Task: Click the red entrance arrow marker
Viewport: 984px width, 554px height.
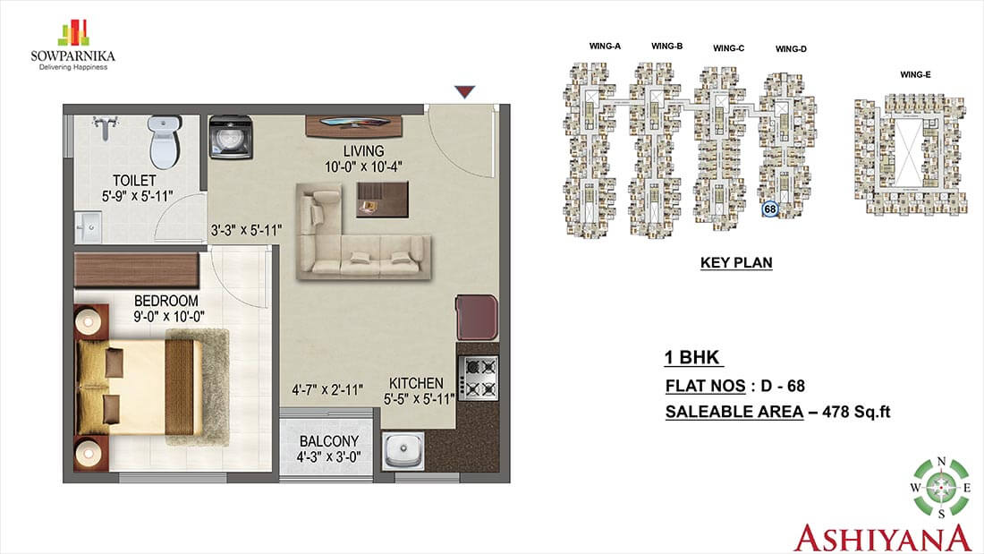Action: [464, 92]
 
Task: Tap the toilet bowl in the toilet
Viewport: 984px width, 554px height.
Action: [165, 141]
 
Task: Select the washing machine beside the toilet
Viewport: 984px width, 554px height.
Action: [230, 137]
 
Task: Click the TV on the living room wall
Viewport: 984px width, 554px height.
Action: [354, 124]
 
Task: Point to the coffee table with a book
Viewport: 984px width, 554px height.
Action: [382, 200]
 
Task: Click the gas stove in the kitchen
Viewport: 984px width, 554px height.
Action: [479, 378]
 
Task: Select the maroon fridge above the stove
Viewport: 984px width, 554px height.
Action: [476, 318]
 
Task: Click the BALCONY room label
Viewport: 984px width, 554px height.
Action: [329, 441]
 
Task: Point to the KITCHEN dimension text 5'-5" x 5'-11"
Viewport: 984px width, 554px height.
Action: [419, 399]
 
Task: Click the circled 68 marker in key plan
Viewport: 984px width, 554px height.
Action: [770, 209]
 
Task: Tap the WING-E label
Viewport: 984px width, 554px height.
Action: [915, 75]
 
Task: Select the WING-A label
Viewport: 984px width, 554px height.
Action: [605, 46]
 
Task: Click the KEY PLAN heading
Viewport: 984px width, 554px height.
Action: [736, 262]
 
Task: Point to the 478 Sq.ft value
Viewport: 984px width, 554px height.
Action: [856, 412]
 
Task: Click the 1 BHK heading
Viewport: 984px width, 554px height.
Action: [692, 357]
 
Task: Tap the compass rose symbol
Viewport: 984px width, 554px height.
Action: [941, 488]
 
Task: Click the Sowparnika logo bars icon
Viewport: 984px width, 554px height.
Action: [73, 32]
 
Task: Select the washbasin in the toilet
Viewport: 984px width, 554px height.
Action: [88, 226]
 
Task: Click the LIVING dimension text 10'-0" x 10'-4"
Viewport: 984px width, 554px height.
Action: [363, 167]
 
